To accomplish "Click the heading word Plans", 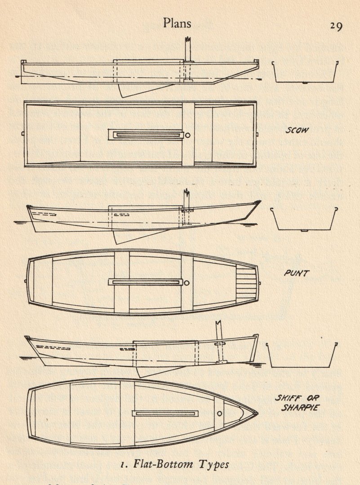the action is click(177, 23).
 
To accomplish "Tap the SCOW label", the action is click(298, 131).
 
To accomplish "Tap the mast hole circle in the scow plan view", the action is click(187, 134).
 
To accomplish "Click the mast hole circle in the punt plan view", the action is click(187, 282).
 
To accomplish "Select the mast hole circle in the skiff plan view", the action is click(219, 413).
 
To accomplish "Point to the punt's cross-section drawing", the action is click(305, 219).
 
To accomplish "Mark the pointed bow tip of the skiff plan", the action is click(256, 412).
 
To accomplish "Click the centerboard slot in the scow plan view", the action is click(146, 135).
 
